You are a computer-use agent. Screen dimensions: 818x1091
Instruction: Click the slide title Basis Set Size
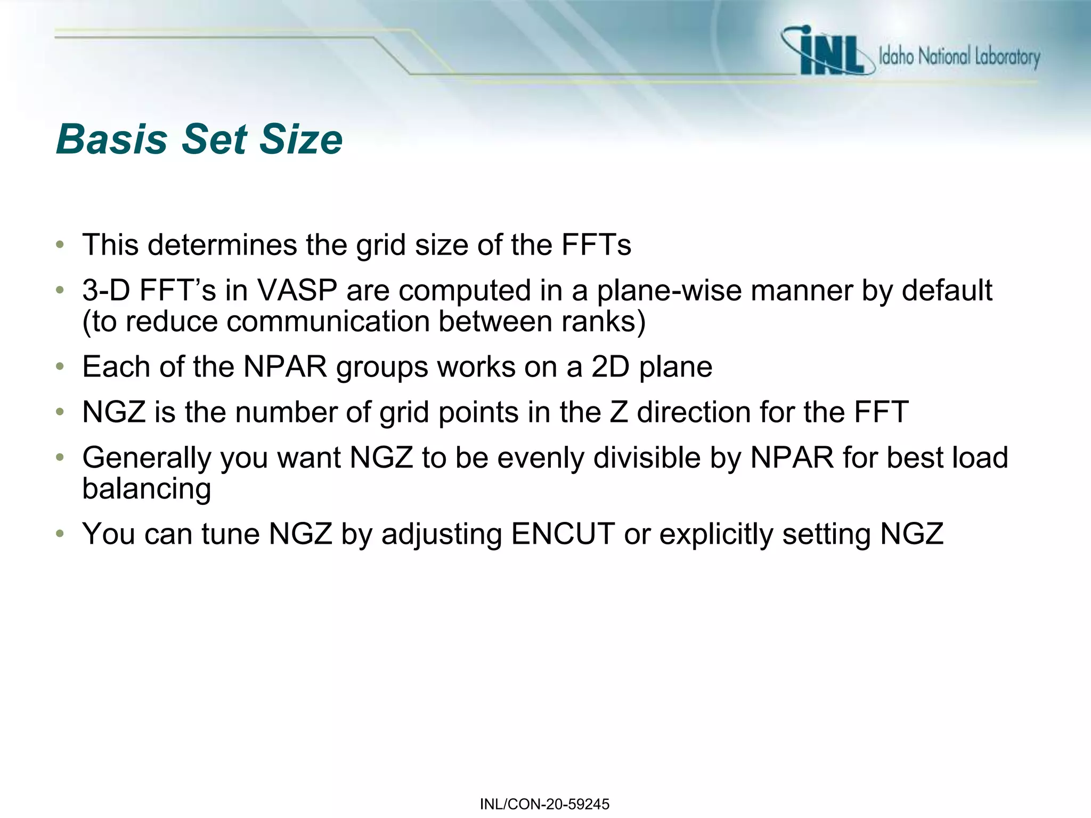tap(199, 140)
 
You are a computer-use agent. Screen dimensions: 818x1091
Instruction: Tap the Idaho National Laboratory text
tap(959, 56)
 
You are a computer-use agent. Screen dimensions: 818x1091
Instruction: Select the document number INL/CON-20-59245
tap(544, 804)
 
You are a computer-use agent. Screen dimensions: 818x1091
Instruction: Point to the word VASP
tap(297, 291)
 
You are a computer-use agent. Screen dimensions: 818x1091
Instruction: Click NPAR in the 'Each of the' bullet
tap(285, 367)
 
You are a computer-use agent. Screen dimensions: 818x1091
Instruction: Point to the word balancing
tap(146, 489)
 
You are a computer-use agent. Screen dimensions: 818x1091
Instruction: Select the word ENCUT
tap(563, 534)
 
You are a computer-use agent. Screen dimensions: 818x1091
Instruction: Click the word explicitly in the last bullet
tap(716, 534)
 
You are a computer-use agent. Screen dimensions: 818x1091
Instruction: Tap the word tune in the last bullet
tap(230, 534)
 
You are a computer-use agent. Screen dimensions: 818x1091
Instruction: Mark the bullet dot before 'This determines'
tap(60, 245)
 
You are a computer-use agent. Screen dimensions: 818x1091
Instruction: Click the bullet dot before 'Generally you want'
tap(60, 458)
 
